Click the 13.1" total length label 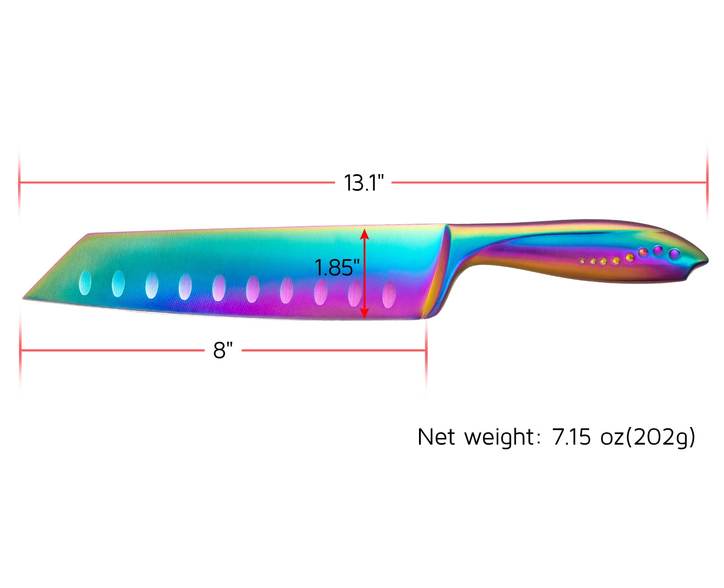tap(363, 183)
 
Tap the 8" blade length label tap(223, 350)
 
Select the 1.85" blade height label tap(337, 268)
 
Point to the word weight tap(499, 437)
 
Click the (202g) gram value tap(660, 437)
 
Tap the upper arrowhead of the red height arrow tap(364, 234)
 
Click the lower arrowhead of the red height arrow tap(364, 313)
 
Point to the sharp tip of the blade tap(23, 299)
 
